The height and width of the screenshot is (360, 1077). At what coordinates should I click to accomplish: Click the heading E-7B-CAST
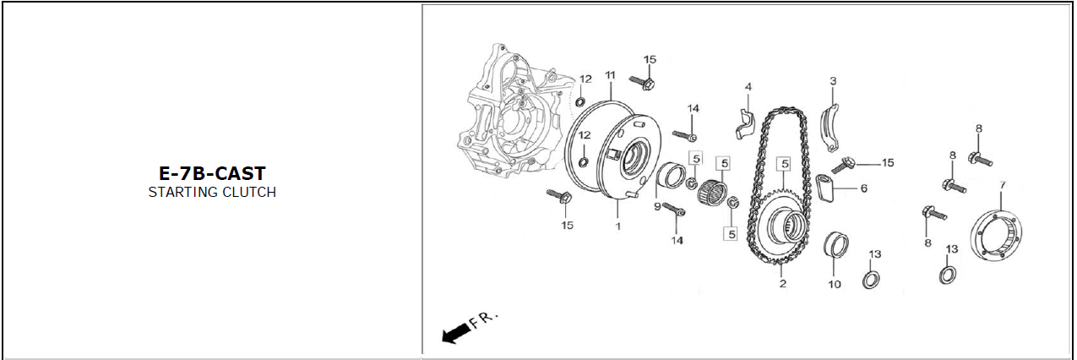212,173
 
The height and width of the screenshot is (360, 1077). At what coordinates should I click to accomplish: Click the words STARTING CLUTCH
212,192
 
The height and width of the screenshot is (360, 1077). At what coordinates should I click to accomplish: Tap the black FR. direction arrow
456,333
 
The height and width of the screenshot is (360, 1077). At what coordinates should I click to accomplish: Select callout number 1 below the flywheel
618,226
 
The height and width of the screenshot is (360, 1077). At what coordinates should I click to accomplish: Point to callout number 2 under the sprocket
783,283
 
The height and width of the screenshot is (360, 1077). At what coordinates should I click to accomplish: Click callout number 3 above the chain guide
833,81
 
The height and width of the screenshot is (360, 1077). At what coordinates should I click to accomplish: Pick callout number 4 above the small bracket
748,87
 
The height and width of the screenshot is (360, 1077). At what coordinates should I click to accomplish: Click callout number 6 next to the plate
864,188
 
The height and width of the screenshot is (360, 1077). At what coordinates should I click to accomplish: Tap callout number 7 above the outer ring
1003,185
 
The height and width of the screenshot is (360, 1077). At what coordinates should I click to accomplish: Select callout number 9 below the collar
657,206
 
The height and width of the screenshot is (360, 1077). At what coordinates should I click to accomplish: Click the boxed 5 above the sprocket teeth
785,164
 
